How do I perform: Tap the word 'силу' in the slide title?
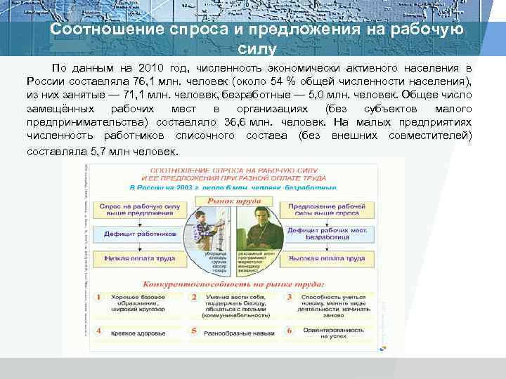252,50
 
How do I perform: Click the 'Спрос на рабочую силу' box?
140,211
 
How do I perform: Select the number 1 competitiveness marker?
99,298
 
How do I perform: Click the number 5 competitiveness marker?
193,330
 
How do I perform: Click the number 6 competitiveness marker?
288,330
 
